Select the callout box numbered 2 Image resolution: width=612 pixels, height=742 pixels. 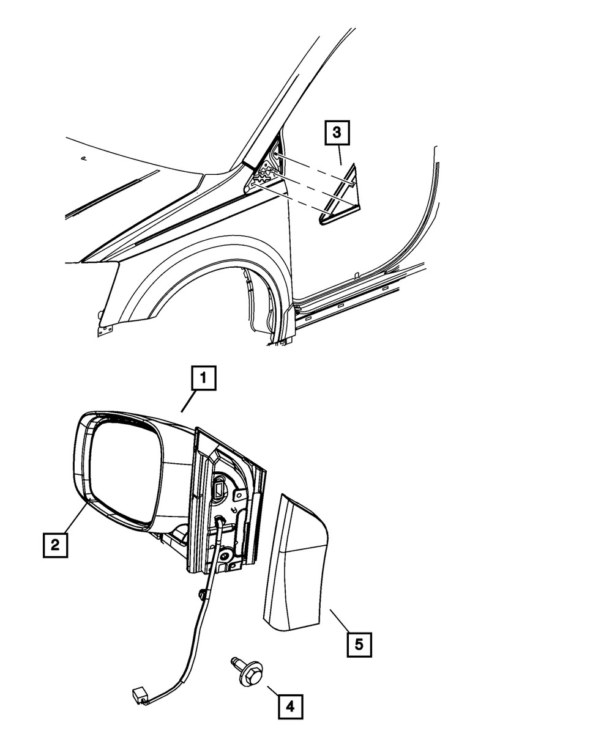tap(55, 544)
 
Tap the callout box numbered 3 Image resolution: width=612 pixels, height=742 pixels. tap(337, 133)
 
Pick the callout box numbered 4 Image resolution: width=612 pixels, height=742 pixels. tap(290, 707)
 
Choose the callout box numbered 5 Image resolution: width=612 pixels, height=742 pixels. tap(359, 644)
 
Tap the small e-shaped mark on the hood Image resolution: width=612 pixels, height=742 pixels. tap(84, 158)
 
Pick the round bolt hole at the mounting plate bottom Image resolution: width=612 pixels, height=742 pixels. tap(226, 557)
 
